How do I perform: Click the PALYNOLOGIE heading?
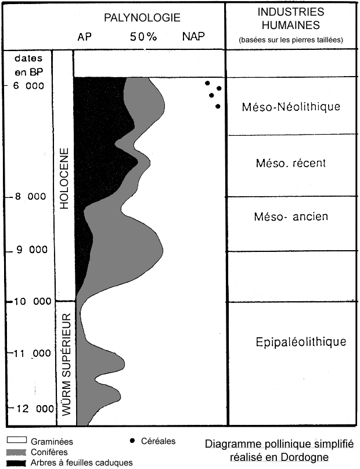coord(142,19)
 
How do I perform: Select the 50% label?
coord(143,37)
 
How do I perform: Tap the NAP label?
coord(193,37)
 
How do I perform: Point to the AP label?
coord(85,37)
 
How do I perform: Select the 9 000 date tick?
coord(30,251)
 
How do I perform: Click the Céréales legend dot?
coord(133,441)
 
